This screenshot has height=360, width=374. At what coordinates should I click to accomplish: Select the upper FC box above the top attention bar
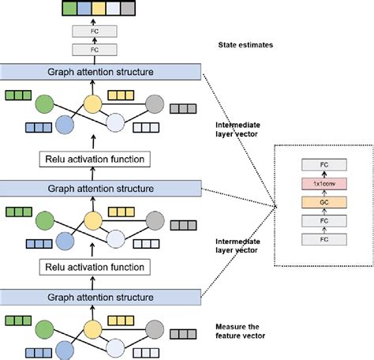pos(95,32)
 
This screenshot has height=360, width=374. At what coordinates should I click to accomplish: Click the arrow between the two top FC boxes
pos(95,41)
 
